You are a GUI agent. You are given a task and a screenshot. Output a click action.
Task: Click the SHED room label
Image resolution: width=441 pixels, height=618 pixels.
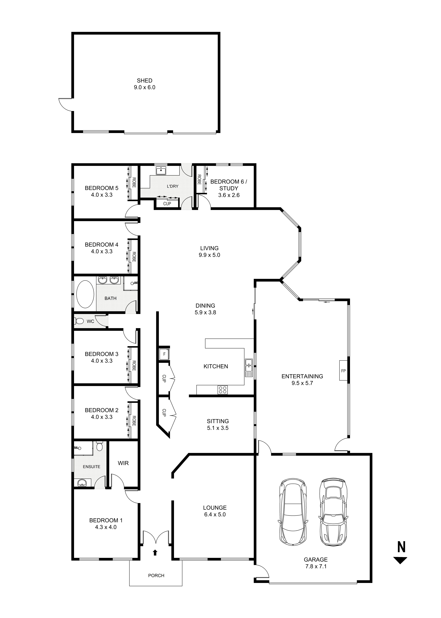pyautogui.click(x=144, y=81)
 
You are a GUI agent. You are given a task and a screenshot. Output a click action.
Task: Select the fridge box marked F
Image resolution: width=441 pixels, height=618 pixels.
pyautogui.click(x=164, y=354)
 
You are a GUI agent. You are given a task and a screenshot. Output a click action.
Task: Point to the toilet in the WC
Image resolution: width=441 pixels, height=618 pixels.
pyautogui.click(x=79, y=321)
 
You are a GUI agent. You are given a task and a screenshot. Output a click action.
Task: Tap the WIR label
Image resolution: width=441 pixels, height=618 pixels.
pyautogui.click(x=123, y=463)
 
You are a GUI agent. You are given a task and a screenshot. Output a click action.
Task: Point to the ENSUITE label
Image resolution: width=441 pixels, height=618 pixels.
pyautogui.click(x=92, y=467)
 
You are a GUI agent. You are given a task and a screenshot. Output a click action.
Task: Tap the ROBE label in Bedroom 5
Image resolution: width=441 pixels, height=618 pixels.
pyautogui.click(x=134, y=183)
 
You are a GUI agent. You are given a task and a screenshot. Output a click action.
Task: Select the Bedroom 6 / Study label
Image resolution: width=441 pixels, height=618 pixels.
pyautogui.click(x=229, y=185)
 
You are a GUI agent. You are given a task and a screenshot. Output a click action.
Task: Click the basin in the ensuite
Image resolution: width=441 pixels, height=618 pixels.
pyautogui.click(x=82, y=483)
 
